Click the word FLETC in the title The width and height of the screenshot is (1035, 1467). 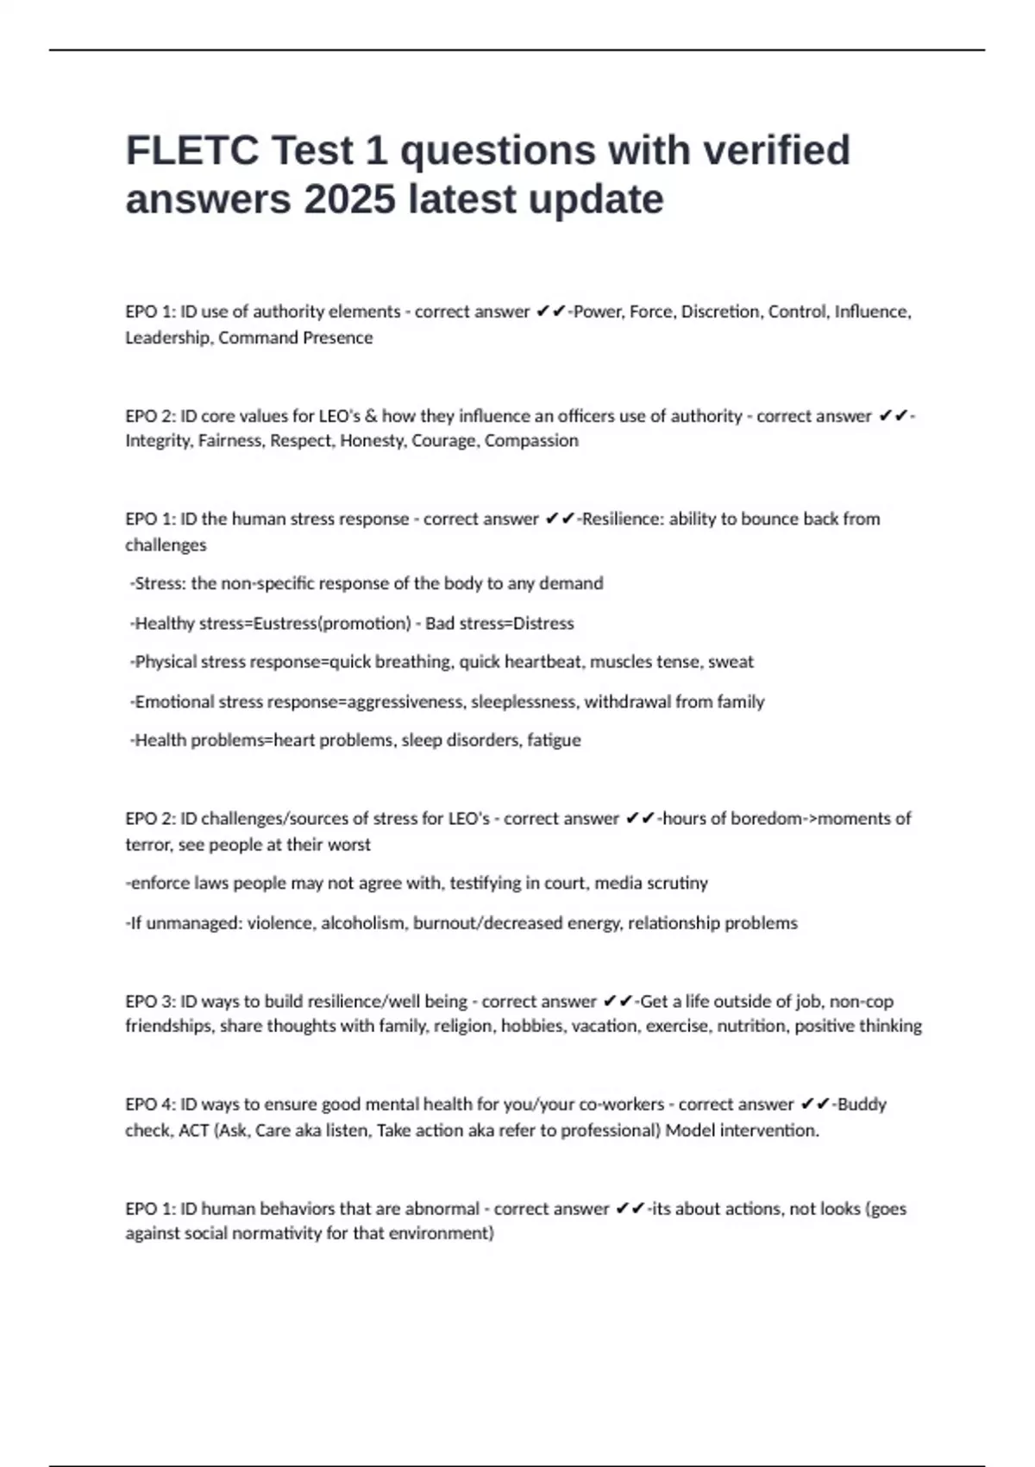pos(192,151)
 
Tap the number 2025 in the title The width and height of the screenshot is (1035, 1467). pos(349,199)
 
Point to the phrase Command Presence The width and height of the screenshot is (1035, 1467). pos(295,337)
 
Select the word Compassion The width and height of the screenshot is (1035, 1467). pos(531,441)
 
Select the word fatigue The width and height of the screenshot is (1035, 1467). pos(554,740)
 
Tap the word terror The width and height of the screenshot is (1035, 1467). pos(147,845)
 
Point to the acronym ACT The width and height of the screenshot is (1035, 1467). pos(193,1130)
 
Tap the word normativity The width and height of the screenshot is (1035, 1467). pos(279,1233)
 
